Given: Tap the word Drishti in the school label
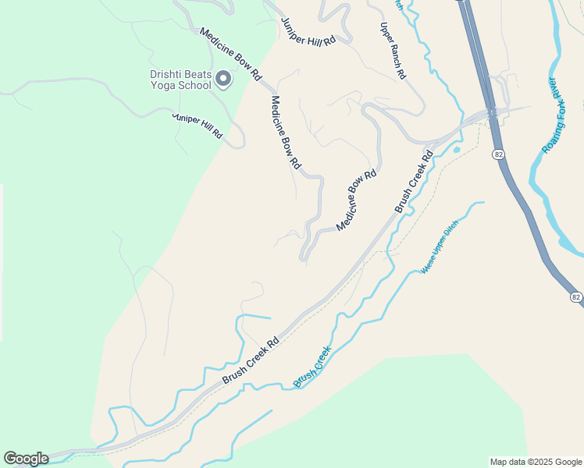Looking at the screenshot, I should (167, 75).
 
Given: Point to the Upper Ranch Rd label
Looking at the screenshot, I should (393, 51).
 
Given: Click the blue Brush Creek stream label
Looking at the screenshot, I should (312, 367).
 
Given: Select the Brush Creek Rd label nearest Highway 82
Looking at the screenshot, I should (413, 182).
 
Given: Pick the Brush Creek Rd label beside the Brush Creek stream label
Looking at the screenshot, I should (251, 360).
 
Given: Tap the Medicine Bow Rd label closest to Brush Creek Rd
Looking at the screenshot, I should (357, 200).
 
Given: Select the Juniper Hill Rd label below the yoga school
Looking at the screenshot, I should (198, 126).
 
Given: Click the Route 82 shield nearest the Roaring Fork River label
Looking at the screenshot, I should (497, 154).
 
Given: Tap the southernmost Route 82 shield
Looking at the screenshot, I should (576, 297).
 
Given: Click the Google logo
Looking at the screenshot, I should (26, 459).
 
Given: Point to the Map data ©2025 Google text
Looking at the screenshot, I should (536, 462).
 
